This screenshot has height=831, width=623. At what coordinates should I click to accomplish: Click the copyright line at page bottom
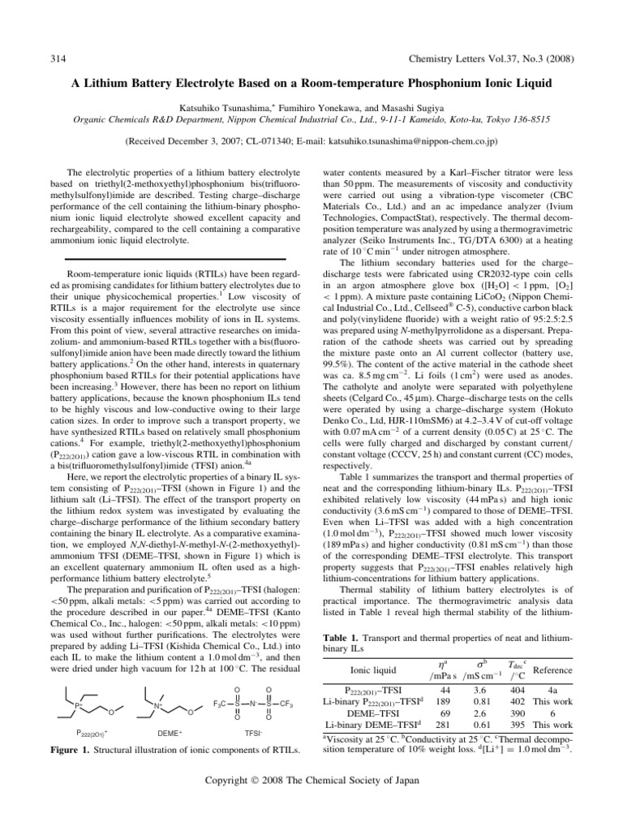click(x=311, y=803)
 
